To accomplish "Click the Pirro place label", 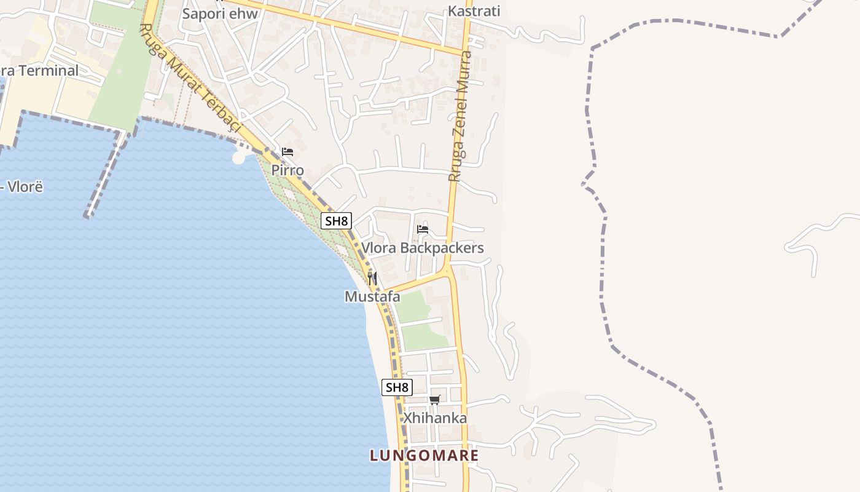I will [287, 170].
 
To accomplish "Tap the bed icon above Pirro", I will [287, 152].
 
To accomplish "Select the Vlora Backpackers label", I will [422, 248].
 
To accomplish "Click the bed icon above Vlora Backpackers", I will [423, 229].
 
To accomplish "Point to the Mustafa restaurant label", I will [372, 297].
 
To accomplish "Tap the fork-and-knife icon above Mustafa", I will [372, 278].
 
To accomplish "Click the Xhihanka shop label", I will [435, 418].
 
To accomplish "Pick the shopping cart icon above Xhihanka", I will [435, 400].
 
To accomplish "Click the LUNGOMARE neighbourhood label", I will [424, 456].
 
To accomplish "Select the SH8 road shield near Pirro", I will [336, 221].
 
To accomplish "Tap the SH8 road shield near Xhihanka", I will [397, 387].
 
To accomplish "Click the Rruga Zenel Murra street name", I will [460, 116].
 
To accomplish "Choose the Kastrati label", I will [474, 11].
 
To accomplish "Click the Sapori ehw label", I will [220, 13].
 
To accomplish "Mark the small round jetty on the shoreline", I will [239, 157].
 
